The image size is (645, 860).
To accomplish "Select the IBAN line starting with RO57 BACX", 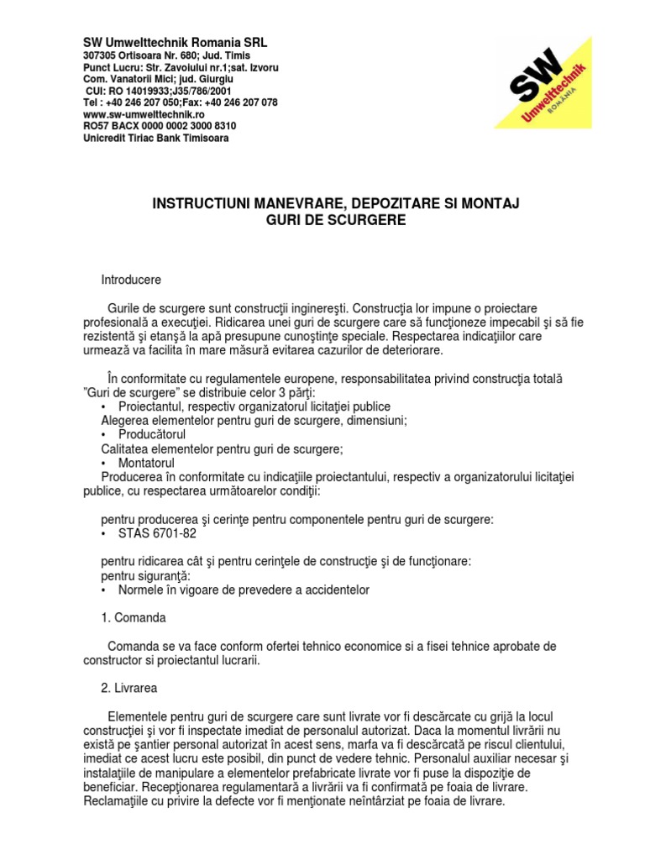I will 159,126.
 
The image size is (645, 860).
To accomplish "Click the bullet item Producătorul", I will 152,434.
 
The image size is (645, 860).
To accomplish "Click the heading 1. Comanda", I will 134,617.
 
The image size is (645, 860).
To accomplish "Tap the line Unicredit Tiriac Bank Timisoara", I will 155,138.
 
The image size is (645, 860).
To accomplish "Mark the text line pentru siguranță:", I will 145,575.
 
